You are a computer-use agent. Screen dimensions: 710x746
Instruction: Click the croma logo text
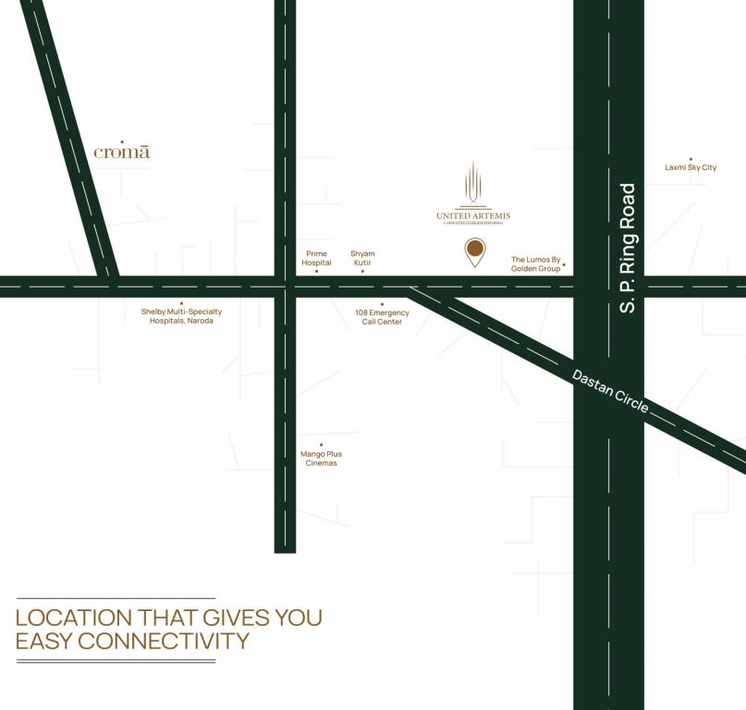(122, 153)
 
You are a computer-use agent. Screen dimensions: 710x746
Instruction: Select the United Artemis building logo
(473, 183)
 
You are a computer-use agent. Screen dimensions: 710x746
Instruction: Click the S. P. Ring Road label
(629, 248)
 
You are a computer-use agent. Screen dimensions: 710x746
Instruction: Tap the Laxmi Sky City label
(691, 167)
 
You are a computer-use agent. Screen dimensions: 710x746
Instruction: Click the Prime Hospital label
(316, 258)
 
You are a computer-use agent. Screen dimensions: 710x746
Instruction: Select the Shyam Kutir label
(362, 258)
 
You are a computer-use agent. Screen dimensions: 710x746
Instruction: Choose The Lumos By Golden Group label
(536, 264)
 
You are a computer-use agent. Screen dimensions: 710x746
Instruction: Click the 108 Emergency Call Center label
(382, 317)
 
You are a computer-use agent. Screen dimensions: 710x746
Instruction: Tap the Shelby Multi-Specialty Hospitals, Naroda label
(181, 316)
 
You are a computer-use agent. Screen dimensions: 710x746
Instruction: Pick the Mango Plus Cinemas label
(321, 459)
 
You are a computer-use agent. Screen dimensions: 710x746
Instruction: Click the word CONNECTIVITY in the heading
(163, 641)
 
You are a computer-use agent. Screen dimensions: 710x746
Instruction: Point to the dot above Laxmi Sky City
(691, 155)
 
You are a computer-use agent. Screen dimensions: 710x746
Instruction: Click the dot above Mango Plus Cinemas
(321, 445)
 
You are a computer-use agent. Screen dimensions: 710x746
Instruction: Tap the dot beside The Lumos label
(564, 265)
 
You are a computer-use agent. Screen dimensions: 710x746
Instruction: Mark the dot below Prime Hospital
(316, 271)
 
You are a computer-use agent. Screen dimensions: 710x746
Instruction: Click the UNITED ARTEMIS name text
(473, 216)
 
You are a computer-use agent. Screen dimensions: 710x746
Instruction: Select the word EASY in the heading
(43, 641)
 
